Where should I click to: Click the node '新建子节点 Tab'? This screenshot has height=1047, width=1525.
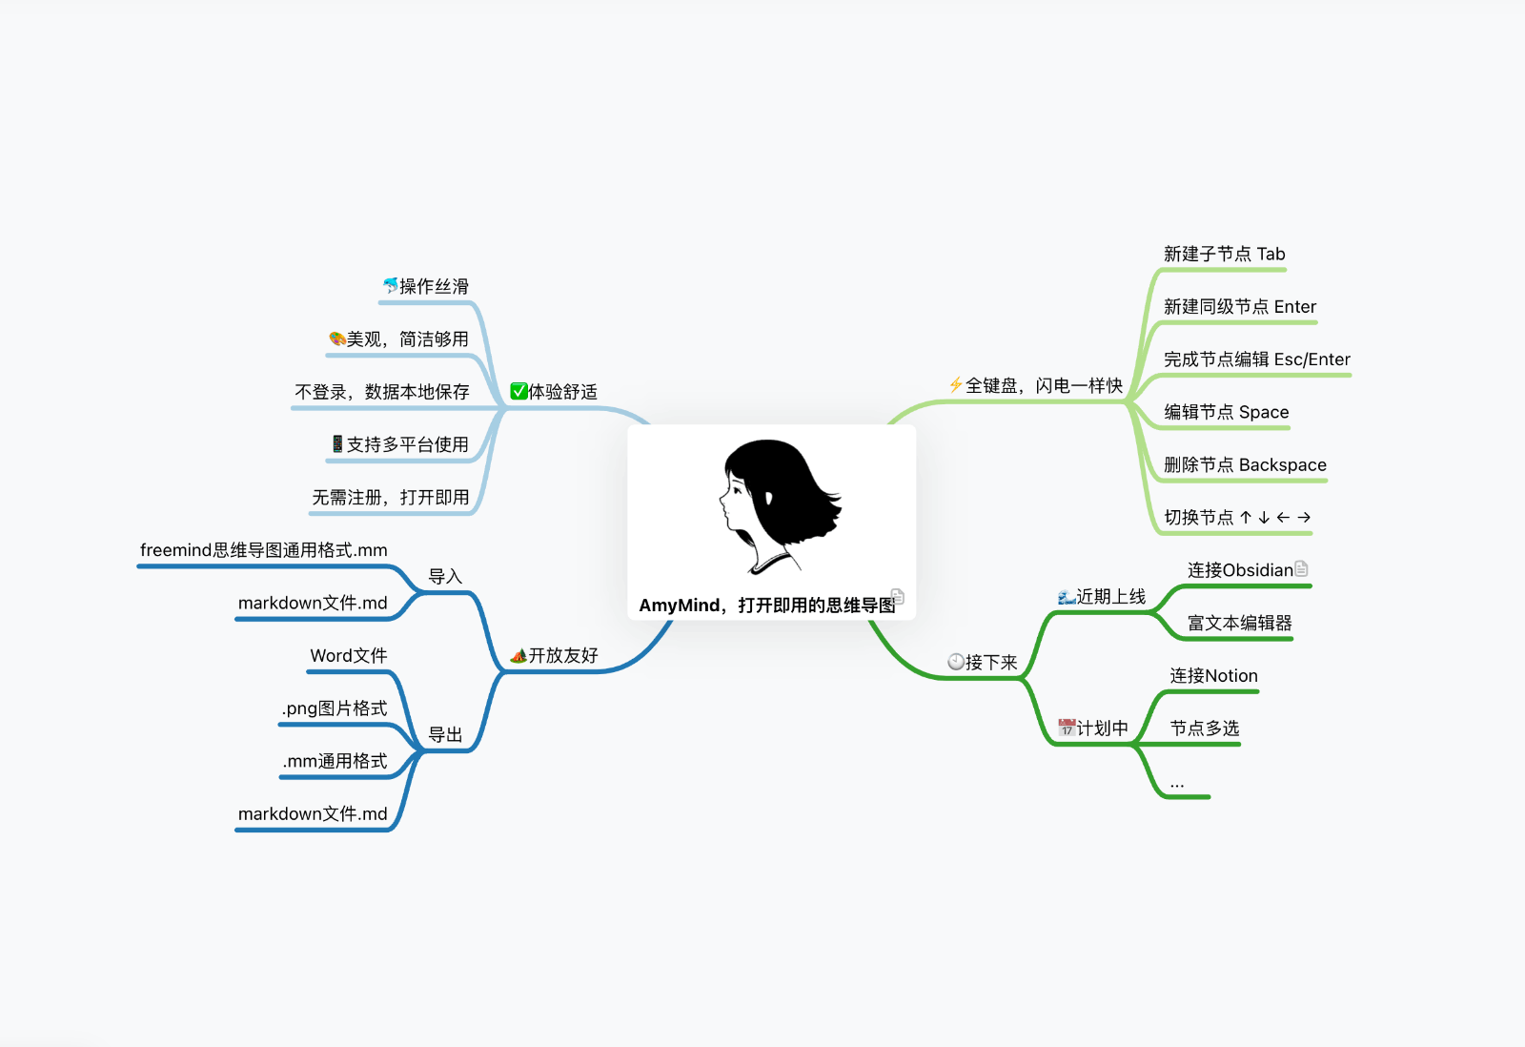point(1224,254)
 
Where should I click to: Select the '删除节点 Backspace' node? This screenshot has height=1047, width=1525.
point(1244,464)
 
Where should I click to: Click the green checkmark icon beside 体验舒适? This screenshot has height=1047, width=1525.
point(518,391)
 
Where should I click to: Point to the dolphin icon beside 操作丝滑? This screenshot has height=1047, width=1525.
point(390,285)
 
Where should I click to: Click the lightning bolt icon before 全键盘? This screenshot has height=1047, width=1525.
point(955,384)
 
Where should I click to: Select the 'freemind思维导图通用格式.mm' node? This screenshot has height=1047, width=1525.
point(263,550)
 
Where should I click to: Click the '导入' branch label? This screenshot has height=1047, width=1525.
point(444,576)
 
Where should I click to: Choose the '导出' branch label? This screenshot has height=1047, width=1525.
point(444,734)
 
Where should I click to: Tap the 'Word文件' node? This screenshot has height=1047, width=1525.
point(348,655)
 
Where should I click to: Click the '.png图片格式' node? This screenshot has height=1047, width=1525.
point(334,708)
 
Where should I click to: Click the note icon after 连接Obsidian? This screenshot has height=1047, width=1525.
point(1302,568)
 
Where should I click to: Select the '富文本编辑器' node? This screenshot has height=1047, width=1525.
point(1239,623)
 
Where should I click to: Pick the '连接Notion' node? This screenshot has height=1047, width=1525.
point(1213,675)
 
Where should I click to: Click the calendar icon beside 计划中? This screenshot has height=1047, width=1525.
point(1067,728)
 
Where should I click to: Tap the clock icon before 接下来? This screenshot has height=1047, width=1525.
point(956,661)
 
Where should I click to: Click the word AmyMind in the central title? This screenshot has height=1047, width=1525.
point(679,606)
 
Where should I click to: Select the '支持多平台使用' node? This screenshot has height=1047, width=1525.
point(400,444)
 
